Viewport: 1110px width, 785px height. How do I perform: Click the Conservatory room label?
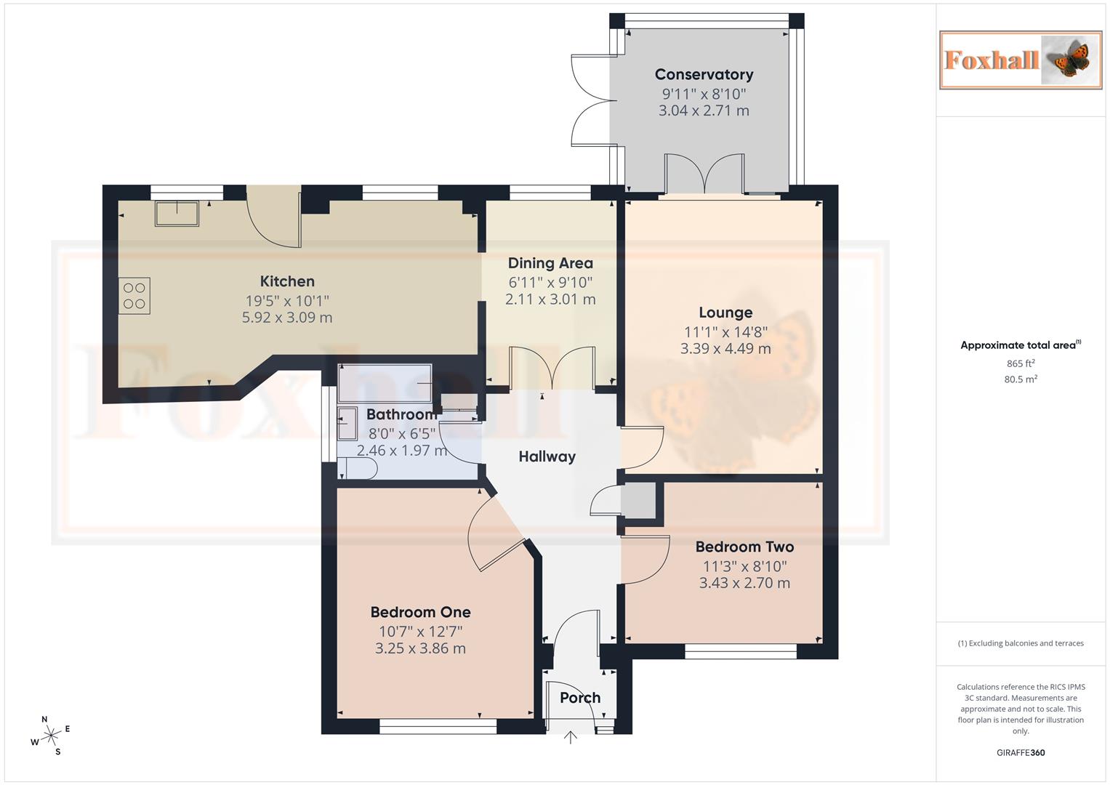(x=703, y=74)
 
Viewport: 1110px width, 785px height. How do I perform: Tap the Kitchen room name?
(x=287, y=281)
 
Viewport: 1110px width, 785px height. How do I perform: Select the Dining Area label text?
(x=550, y=263)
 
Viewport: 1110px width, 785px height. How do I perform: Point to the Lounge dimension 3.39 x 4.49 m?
(x=725, y=349)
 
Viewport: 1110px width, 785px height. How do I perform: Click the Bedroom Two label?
(x=744, y=547)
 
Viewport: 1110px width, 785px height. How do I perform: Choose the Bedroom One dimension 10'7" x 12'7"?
(x=420, y=632)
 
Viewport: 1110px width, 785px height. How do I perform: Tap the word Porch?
(x=580, y=698)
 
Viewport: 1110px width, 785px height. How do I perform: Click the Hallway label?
(x=547, y=456)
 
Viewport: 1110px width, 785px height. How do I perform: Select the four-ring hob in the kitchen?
(x=134, y=296)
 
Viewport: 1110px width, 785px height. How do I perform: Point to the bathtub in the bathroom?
(x=385, y=382)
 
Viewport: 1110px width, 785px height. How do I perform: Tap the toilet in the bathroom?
(x=358, y=471)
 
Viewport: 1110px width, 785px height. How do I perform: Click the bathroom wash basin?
(x=347, y=424)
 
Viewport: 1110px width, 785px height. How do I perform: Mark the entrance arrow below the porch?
(x=571, y=738)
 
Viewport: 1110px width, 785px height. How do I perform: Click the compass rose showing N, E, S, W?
(x=51, y=736)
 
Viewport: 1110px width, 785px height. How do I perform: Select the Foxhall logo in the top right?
(x=1020, y=60)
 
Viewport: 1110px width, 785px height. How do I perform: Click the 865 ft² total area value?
(x=1020, y=363)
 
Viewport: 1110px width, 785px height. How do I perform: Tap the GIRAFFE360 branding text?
(x=1020, y=753)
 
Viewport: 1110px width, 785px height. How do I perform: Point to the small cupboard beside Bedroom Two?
(x=637, y=502)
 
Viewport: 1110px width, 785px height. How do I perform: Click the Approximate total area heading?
(x=1020, y=345)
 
